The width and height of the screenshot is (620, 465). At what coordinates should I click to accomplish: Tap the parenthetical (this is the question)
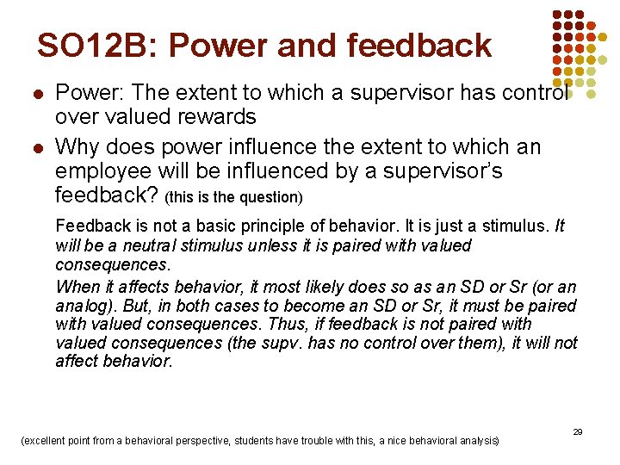pyautogui.click(x=233, y=197)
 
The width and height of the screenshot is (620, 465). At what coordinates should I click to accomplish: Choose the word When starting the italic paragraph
pyautogui.click(x=76, y=287)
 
